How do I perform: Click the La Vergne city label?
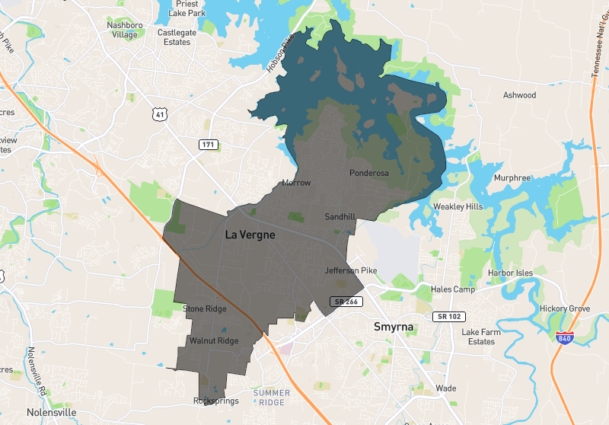250,235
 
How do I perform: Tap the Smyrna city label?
394,327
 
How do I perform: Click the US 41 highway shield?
159,114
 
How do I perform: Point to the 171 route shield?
208,145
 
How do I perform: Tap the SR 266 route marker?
344,302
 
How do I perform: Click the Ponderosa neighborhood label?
369,173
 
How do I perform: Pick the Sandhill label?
340,217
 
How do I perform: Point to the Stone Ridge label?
205,308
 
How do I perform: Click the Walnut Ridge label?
214,340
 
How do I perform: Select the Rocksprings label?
216,401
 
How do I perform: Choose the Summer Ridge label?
272,398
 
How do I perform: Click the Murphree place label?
512,177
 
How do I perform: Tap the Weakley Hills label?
458,206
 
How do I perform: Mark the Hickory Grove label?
564,308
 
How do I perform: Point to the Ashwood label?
519,95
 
